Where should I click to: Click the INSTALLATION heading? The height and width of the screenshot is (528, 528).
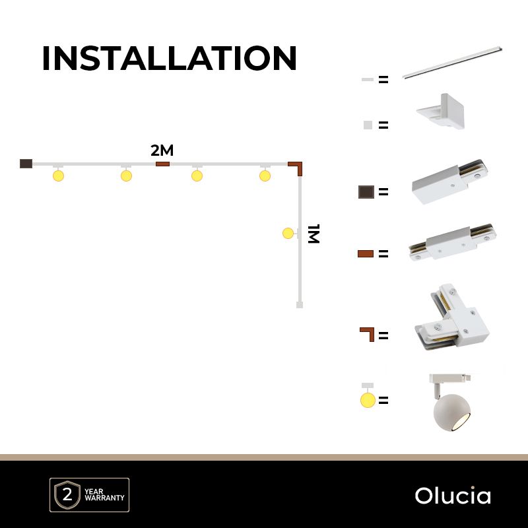(x=170, y=58)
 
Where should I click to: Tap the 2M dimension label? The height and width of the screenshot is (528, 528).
(x=162, y=150)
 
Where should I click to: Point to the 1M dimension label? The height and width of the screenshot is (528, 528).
(x=313, y=234)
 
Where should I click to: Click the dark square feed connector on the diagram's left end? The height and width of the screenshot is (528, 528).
(x=26, y=164)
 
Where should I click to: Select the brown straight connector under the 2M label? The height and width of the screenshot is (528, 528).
(x=162, y=164)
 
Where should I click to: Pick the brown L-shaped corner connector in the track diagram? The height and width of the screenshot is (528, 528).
(x=299, y=165)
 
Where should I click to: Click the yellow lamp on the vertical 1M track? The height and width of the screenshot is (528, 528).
(x=288, y=233)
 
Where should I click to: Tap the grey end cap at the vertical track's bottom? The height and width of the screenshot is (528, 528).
(x=300, y=305)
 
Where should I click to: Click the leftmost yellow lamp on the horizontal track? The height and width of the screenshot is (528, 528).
(x=58, y=176)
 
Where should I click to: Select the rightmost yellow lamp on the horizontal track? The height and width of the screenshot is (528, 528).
(x=265, y=176)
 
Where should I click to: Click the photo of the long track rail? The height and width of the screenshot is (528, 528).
(x=452, y=63)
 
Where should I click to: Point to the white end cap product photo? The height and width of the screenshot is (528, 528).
(x=441, y=111)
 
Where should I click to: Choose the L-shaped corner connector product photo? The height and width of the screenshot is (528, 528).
(x=451, y=317)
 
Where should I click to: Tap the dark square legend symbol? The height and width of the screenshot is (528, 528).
(x=366, y=192)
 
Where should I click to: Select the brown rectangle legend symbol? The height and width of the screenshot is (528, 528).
(x=366, y=253)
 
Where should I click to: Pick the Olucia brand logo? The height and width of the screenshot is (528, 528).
(x=453, y=496)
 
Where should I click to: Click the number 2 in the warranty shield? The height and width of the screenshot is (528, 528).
(x=67, y=494)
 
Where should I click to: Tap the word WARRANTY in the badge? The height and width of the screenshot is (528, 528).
(x=104, y=498)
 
